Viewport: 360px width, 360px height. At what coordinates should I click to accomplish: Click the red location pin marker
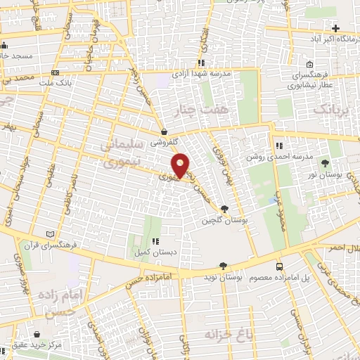(181, 165)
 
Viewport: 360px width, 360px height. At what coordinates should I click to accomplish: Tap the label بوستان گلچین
(217, 221)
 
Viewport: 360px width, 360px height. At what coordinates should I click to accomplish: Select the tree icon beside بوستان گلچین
(224, 209)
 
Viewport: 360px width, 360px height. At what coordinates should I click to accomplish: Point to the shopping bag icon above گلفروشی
(164, 131)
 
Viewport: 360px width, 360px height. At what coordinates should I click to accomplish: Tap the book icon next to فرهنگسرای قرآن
(49, 234)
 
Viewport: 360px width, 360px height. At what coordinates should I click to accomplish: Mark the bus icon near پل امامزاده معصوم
(280, 266)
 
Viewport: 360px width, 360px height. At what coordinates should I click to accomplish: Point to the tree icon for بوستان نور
(324, 162)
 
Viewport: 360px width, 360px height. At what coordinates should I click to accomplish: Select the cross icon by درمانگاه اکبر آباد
(336, 29)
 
